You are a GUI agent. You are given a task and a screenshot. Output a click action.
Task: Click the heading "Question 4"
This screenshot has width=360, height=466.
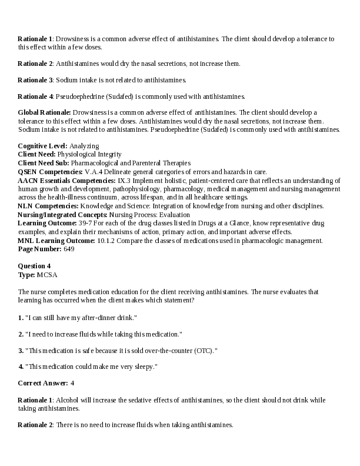coord(34,266)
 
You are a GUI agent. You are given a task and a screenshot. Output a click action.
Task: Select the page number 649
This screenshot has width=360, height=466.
coord(69,249)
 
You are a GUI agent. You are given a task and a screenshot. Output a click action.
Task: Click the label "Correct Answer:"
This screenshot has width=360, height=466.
coord(43,383)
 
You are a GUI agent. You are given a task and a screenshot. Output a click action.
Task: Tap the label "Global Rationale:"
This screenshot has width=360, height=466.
coord(45,112)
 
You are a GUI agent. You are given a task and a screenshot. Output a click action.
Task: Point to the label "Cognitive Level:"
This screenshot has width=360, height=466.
coord(43,145)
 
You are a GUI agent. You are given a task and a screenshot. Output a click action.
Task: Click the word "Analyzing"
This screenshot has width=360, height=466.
coord(84,145)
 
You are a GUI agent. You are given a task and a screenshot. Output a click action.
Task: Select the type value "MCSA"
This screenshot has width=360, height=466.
coord(47,275)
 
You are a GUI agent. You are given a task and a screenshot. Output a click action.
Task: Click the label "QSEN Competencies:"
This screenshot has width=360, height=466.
coord(51,171)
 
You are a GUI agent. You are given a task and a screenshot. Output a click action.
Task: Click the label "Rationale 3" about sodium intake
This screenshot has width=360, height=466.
coord(35,79)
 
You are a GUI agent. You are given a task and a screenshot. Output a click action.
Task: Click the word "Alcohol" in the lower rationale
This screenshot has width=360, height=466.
coord(68,400)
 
